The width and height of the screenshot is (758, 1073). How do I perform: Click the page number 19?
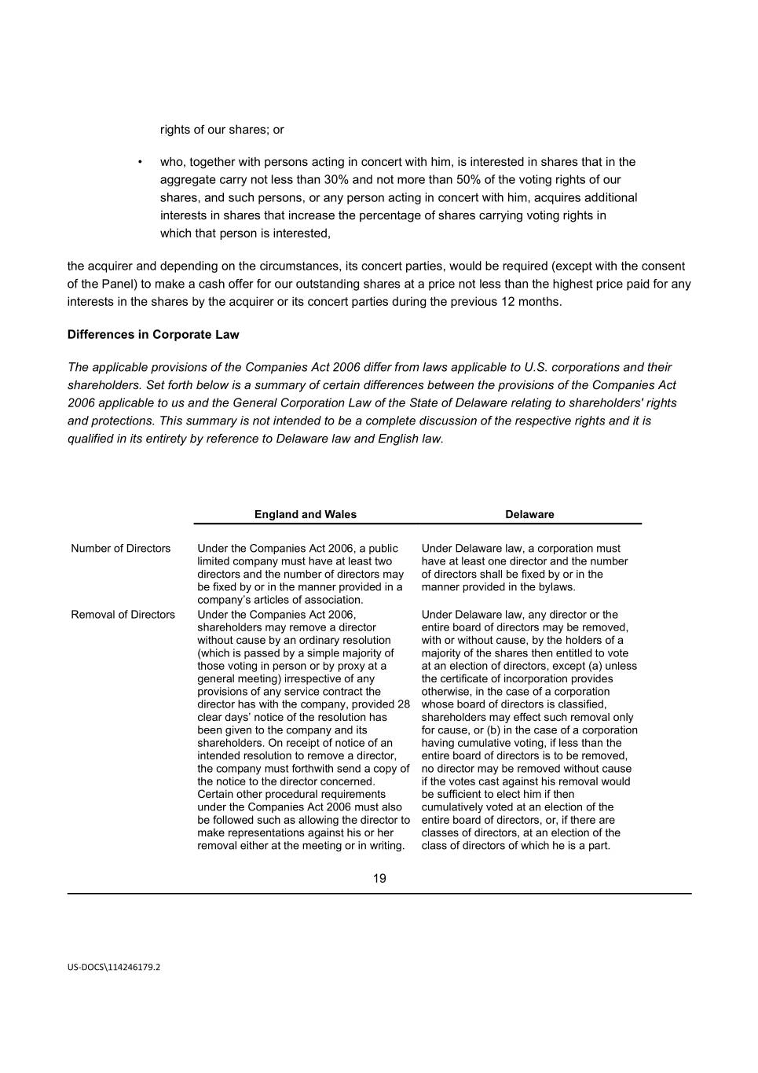coord(379,879)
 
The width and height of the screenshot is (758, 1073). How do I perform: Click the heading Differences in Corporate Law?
coord(153,335)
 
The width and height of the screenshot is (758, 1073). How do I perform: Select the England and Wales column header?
coord(305,515)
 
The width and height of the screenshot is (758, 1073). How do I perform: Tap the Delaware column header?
coord(529,515)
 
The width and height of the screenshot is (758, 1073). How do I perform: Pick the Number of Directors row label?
coord(120,549)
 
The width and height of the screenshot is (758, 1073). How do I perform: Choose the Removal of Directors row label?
coord(123,615)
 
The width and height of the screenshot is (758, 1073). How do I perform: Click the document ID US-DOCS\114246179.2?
coord(113,968)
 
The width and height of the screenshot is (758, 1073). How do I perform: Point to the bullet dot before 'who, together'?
coord(140,163)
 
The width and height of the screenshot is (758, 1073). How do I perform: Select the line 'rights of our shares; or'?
coord(222,130)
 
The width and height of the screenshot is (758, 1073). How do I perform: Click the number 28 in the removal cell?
coord(403,704)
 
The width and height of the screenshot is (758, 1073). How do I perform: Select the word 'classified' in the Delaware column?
coord(580,704)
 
